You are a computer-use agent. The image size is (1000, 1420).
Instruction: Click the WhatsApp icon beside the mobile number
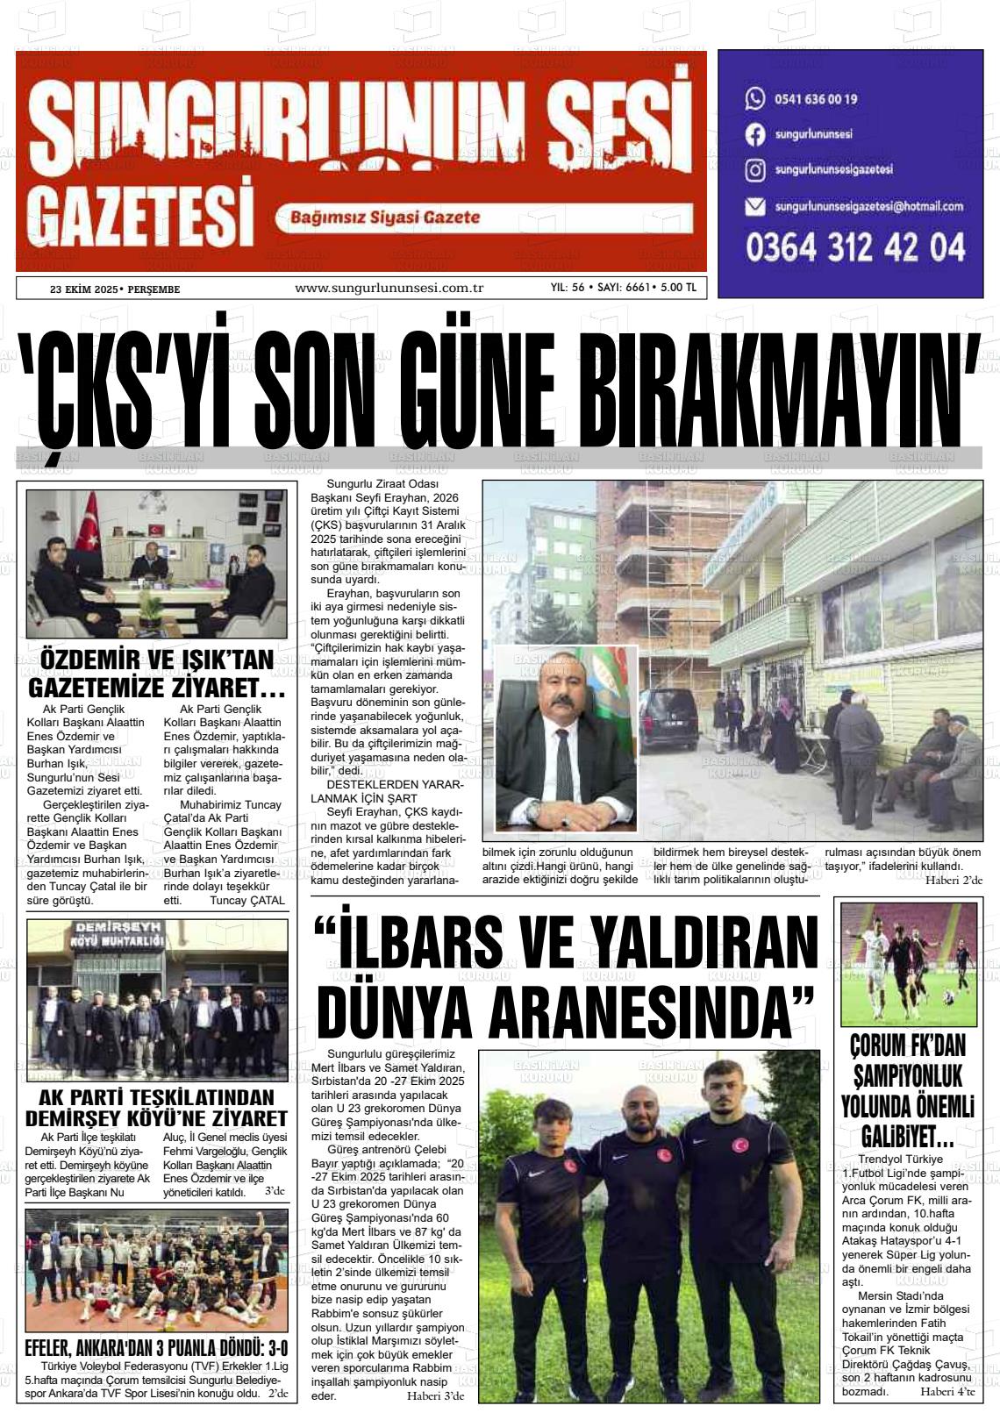point(754,98)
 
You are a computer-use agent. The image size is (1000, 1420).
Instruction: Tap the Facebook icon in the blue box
point(754,135)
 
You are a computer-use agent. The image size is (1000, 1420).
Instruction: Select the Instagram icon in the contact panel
point(754,170)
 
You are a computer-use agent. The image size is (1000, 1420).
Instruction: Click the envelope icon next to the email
point(754,207)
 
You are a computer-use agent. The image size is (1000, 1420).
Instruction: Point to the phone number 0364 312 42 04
point(855,247)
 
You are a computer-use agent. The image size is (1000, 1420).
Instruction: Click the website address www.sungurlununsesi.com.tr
point(389,288)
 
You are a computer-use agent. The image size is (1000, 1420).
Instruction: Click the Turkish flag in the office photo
point(89,539)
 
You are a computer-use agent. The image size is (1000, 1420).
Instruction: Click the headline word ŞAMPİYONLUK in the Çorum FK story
point(907,1075)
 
